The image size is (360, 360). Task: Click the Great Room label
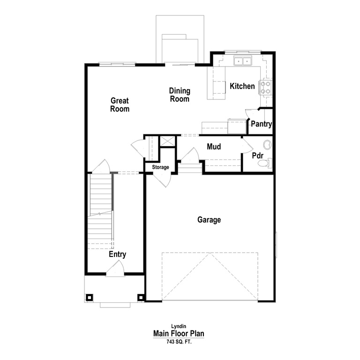pyautogui.click(x=120, y=105)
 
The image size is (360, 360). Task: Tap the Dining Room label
pyautogui.click(x=180, y=95)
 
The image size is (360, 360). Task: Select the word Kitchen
pyautogui.click(x=242, y=86)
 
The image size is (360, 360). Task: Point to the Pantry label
pyautogui.click(x=262, y=124)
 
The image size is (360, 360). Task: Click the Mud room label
pyautogui.click(x=214, y=147)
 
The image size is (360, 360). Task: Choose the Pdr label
pyautogui.click(x=257, y=155)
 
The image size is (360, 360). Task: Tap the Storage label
pyautogui.click(x=160, y=167)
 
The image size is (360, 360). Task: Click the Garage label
pyautogui.click(x=209, y=219)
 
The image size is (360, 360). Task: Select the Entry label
pyautogui.click(x=117, y=255)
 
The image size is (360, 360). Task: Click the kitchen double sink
pyautogui.click(x=243, y=61)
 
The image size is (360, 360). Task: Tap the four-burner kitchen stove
pyautogui.click(x=266, y=87)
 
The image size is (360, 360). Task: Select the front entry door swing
pyautogui.click(x=115, y=269)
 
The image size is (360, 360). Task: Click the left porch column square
pyautogui.click(x=89, y=297)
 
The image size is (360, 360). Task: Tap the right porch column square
pyautogui.click(x=141, y=297)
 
